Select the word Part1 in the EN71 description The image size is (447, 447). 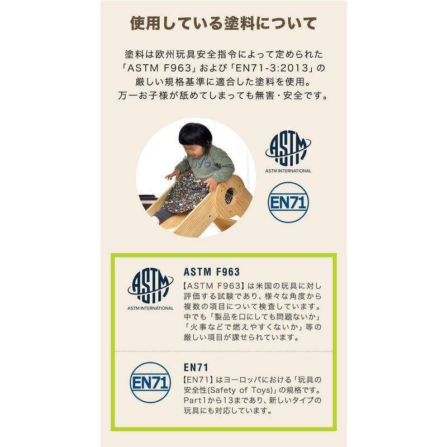tap(196, 401)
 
